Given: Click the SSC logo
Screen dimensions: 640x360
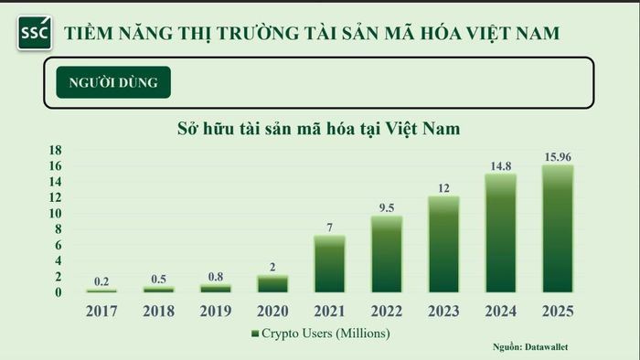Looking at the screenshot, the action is [x=35, y=33].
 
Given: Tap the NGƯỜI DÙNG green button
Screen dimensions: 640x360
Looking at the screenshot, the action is [x=113, y=82].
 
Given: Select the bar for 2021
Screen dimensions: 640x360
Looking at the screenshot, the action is [x=329, y=264].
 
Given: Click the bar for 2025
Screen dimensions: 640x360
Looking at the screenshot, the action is [x=558, y=228].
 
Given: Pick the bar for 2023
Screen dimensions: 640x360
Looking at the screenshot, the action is [x=443, y=244].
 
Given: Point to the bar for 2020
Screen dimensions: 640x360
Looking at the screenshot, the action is [x=272, y=284].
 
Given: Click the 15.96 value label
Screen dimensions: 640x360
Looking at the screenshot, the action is [x=558, y=157].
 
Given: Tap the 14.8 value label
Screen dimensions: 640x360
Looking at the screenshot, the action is [x=501, y=166].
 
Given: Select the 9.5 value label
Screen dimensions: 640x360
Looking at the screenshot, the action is [x=387, y=208].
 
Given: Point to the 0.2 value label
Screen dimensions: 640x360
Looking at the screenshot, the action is [x=101, y=281].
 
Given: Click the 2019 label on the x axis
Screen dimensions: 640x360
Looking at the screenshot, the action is [x=216, y=311].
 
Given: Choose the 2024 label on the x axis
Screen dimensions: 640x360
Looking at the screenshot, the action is [x=501, y=311].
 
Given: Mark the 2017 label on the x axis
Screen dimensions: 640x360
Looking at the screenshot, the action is [x=101, y=311].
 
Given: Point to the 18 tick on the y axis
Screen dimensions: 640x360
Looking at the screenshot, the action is [x=56, y=150].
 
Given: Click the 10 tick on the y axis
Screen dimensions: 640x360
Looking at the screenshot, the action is [x=56, y=213].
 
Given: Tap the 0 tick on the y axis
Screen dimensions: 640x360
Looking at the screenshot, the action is [x=59, y=292].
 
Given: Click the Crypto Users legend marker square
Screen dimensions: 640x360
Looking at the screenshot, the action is [x=255, y=334].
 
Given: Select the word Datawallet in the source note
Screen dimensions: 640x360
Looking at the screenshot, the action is [x=546, y=347].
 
